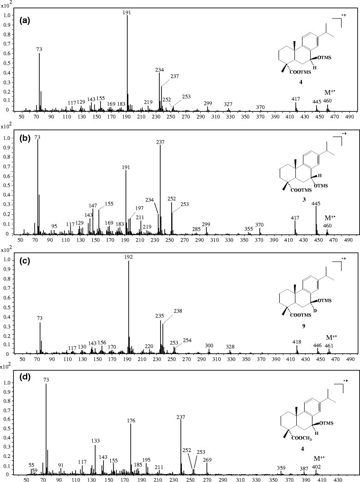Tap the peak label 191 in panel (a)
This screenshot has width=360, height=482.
127,12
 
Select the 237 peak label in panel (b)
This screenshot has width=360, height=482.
160,142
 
